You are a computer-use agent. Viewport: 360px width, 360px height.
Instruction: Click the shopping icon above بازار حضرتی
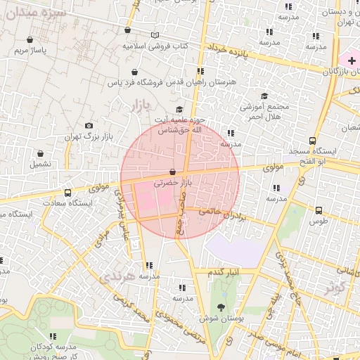click(x=173, y=172)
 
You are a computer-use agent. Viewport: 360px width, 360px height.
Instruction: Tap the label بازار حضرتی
click(x=173, y=183)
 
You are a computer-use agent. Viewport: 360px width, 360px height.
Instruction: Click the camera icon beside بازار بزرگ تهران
click(x=89, y=126)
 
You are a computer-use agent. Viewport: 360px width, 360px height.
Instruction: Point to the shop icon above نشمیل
click(x=39, y=153)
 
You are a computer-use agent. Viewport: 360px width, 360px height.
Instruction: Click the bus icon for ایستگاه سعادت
click(x=67, y=193)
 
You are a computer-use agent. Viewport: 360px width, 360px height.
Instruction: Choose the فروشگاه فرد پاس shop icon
click(x=134, y=72)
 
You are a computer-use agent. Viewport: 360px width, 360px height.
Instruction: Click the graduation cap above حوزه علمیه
click(x=179, y=110)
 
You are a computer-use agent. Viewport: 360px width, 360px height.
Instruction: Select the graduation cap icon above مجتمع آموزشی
click(x=264, y=96)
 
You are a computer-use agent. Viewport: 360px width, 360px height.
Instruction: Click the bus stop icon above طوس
click(x=319, y=210)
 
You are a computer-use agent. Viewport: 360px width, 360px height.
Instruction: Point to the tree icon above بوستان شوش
click(x=221, y=307)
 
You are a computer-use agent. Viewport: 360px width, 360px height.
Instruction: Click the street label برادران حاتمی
click(x=223, y=212)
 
